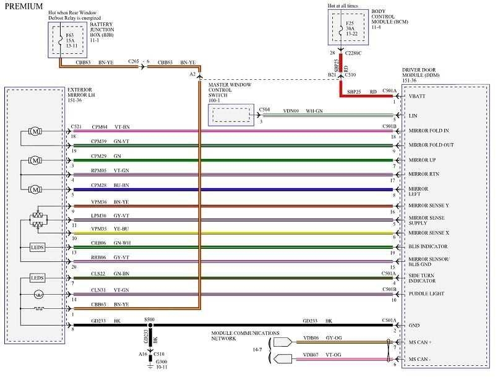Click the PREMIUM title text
(x=24, y=7)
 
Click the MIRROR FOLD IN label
(x=429, y=131)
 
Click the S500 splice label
(x=149, y=320)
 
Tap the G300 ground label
(x=161, y=363)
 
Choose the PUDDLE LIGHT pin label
(x=425, y=294)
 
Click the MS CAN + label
(x=421, y=342)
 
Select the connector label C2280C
(x=354, y=53)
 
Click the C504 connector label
(x=264, y=109)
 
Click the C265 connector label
(x=134, y=62)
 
